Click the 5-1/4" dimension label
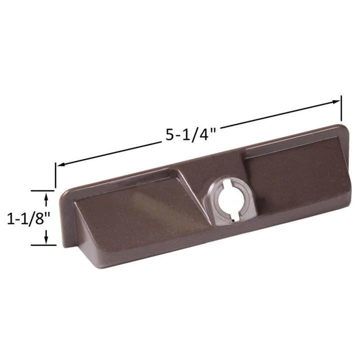pyautogui.click(x=190, y=134)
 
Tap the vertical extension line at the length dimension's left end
pyautogui.click(x=55, y=175)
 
